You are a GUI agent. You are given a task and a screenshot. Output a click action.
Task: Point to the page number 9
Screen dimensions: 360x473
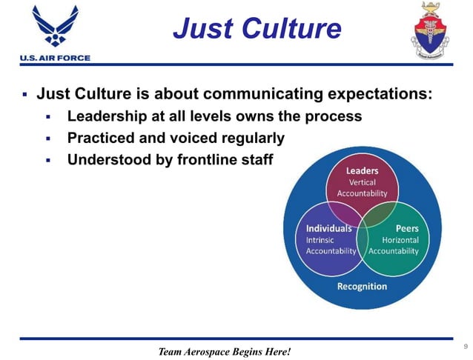(x=465, y=346)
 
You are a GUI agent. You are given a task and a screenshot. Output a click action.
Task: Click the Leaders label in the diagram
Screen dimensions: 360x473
(x=362, y=171)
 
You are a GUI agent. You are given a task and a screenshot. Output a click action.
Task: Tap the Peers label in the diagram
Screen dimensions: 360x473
(x=406, y=228)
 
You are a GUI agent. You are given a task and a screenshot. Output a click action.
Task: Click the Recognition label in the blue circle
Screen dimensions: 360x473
(x=362, y=286)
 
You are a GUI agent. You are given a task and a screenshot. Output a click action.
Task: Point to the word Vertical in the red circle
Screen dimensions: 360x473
(x=362, y=182)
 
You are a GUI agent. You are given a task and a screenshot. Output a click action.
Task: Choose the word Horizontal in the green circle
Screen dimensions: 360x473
(x=400, y=240)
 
